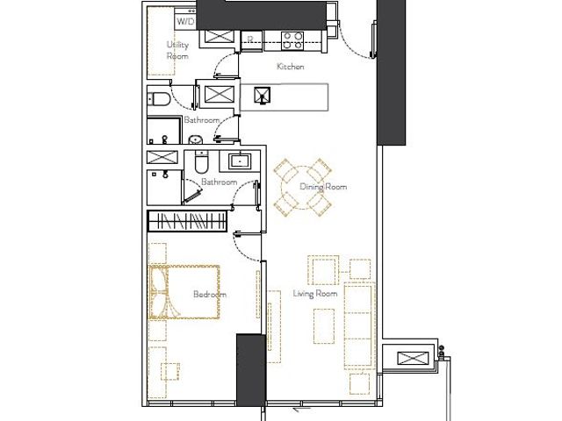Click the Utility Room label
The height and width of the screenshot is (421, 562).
click(177, 50)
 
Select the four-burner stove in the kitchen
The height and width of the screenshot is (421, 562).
click(292, 40)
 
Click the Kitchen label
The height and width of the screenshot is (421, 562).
click(291, 67)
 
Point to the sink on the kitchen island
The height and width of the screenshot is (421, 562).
click(263, 96)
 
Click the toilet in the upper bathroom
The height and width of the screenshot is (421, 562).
click(159, 99)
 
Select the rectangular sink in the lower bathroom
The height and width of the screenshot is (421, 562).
click(240, 161)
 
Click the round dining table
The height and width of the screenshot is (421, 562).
click(303, 188)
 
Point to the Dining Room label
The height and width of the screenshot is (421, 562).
click(323, 187)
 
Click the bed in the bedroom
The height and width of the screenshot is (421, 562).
click(184, 292)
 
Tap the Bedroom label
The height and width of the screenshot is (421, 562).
click(210, 295)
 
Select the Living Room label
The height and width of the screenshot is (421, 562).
click(315, 294)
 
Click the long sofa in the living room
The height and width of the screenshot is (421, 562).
click(359, 325)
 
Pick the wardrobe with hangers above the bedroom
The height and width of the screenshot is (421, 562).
click(187, 221)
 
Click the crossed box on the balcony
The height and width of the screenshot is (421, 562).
click(413, 358)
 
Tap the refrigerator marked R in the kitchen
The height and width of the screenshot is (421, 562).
click(250, 40)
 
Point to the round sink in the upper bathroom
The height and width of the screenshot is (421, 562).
click(195, 139)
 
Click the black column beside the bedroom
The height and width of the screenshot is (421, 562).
click(251, 370)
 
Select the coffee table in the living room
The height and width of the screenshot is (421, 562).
click(324, 326)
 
